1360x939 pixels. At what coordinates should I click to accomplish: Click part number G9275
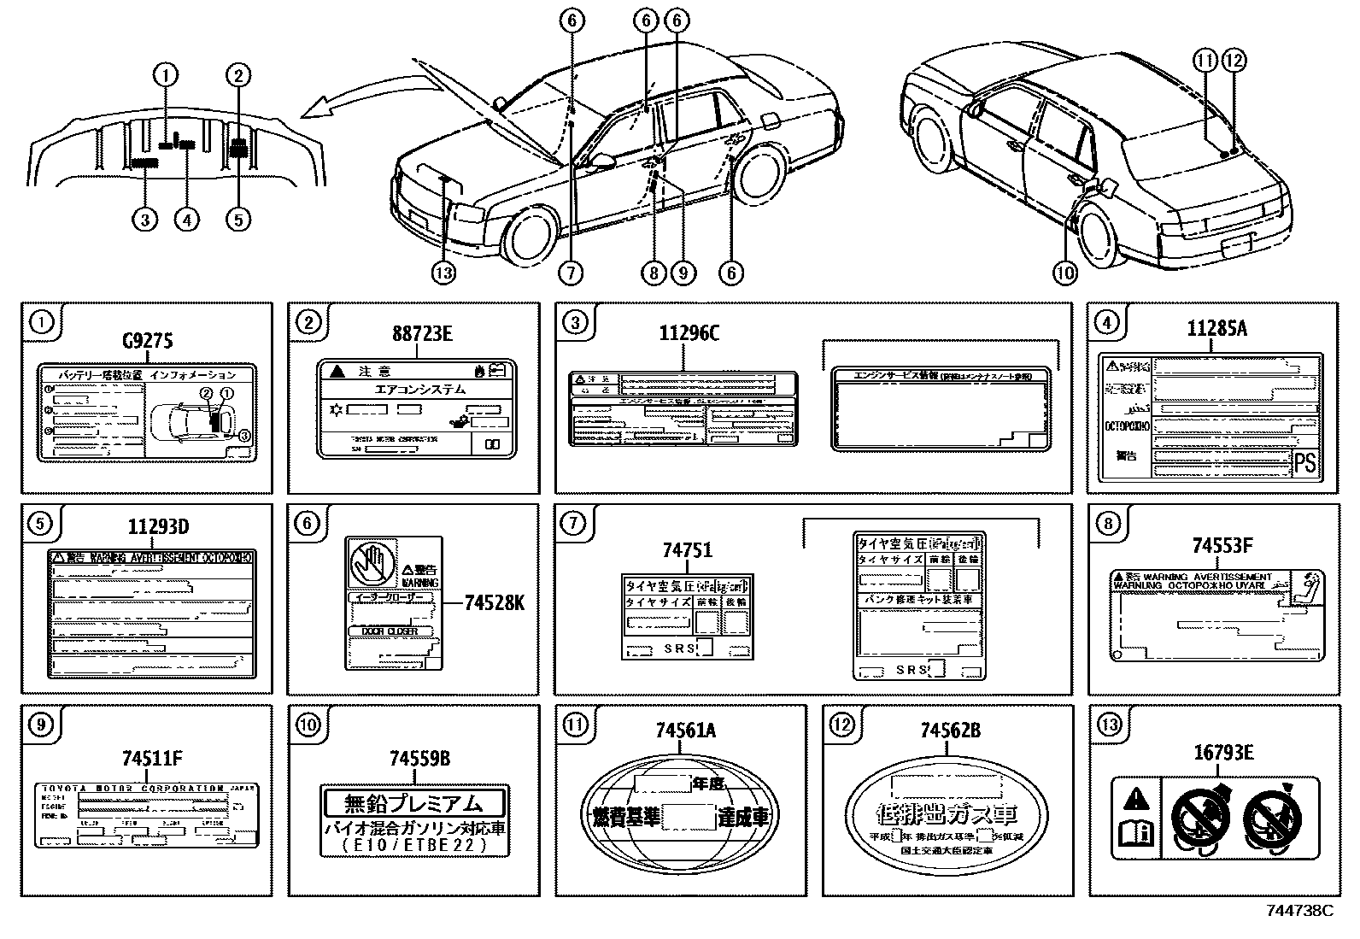point(148,342)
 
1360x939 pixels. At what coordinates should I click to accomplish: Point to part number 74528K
point(494,603)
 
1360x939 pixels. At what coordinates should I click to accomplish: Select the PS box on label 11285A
point(1304,463)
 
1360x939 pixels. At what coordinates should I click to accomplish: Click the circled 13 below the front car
point(443,273)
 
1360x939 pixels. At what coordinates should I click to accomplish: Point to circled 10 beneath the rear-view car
point(1064,273)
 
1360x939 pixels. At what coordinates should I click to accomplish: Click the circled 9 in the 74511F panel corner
point(41,725)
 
